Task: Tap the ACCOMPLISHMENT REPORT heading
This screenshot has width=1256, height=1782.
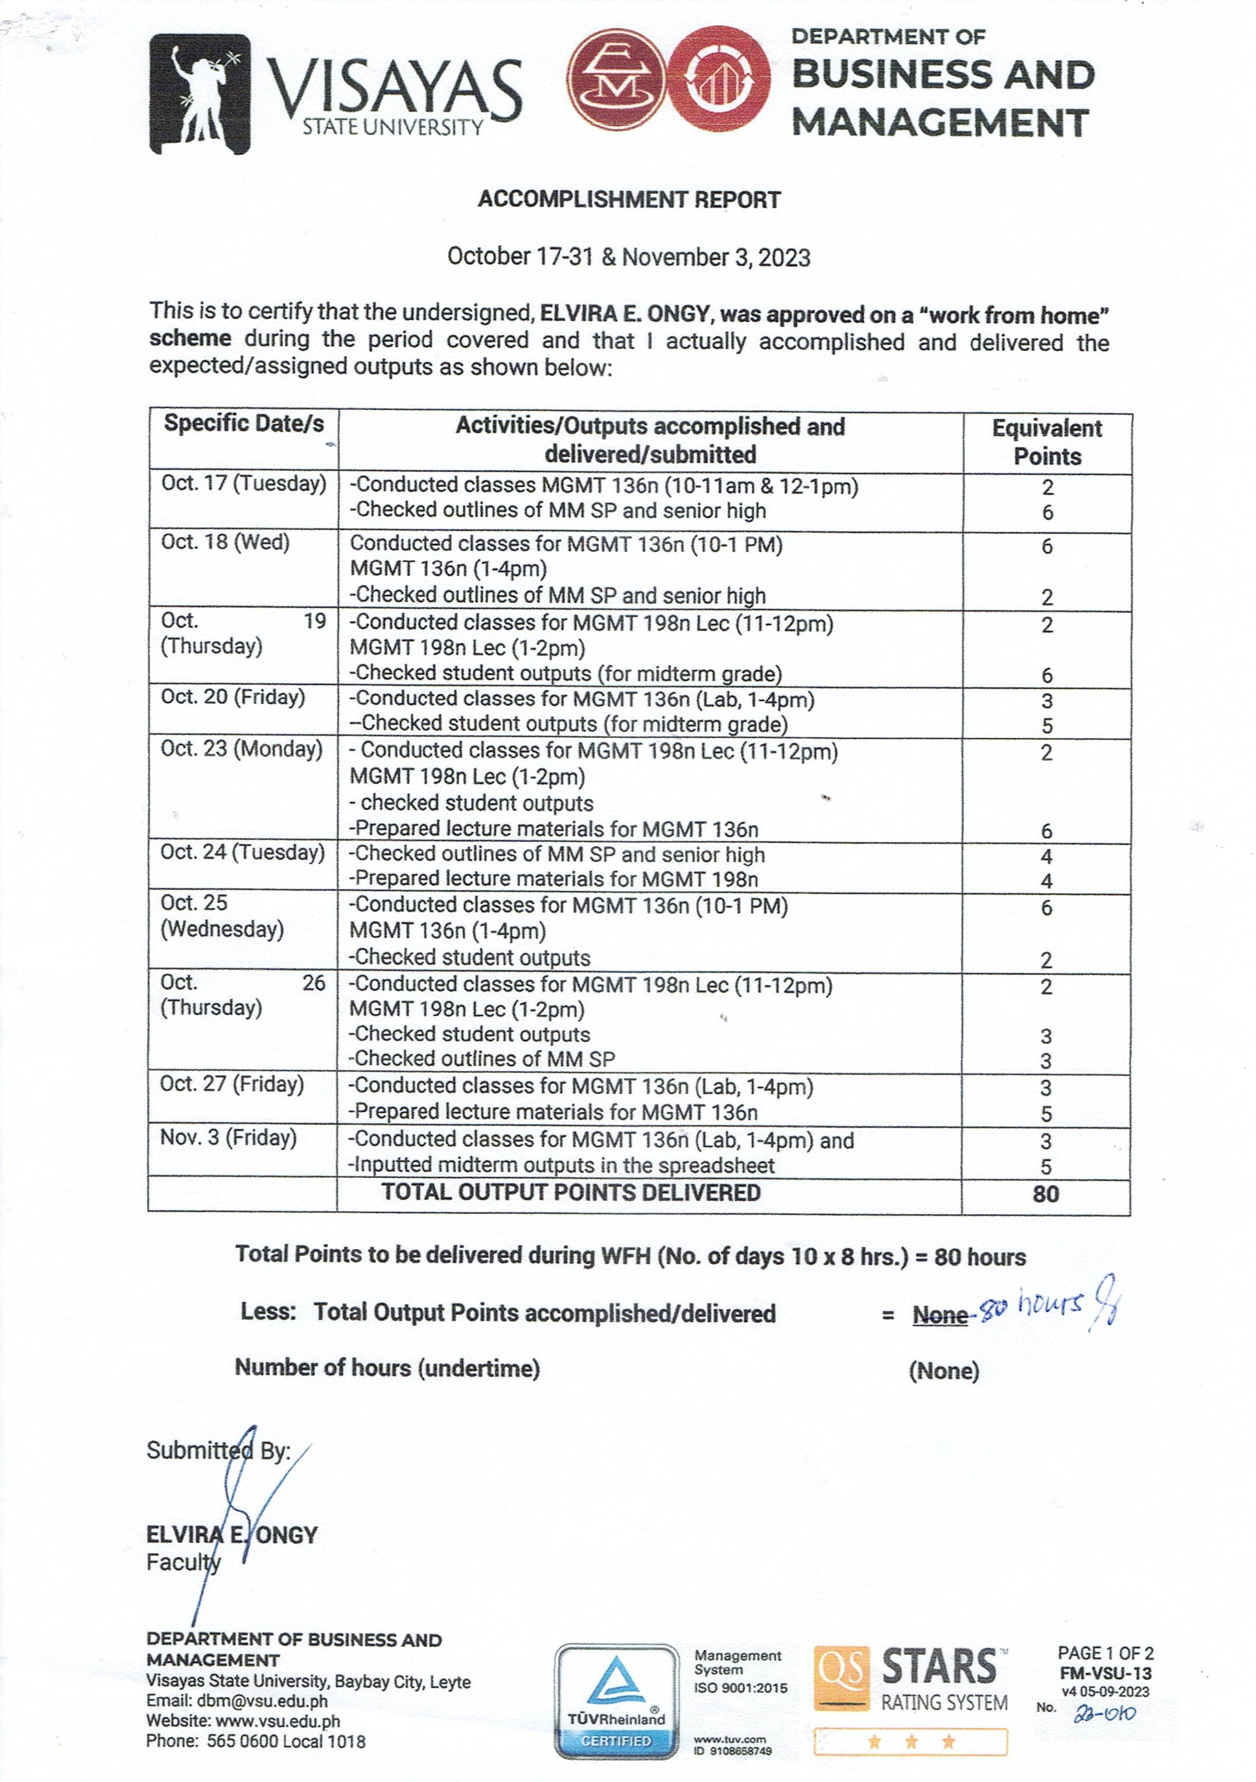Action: [629, 200]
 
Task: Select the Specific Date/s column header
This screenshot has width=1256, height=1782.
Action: [243, 424]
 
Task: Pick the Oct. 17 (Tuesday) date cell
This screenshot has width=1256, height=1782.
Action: [243, 483]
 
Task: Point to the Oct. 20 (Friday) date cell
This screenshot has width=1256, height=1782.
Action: [233, 697]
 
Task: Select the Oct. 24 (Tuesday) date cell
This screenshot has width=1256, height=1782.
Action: [242, 852]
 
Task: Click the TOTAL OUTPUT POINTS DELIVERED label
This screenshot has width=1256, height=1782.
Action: [571, 1193]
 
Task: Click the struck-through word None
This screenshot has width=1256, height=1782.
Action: [939, 1315]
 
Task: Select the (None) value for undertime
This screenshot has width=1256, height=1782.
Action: [944, 1371]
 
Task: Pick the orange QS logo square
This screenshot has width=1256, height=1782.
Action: [841, 1678]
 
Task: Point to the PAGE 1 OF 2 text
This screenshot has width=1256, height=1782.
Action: [1105, 1653]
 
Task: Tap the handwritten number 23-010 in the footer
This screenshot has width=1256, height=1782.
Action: [1105, 1714]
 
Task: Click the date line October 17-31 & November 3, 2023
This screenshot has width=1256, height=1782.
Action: [629, 257]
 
